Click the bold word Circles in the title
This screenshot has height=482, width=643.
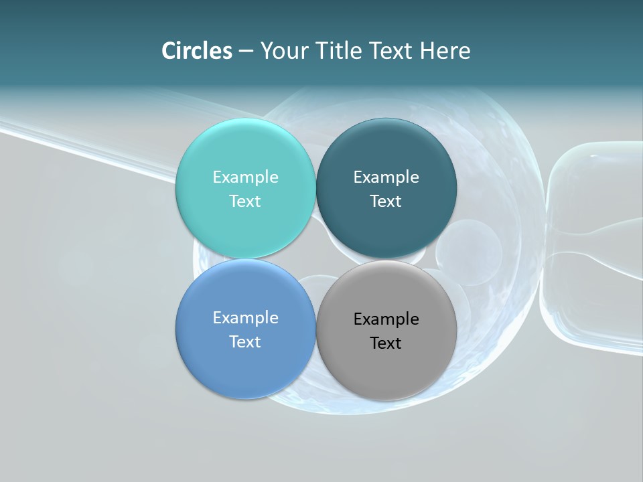click(x=196, y=51)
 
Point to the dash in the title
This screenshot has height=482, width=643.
click(x=246, y=52)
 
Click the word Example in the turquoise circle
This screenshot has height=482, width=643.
click(x=245, y=177)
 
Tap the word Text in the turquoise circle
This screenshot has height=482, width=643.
click(x=245, y=201)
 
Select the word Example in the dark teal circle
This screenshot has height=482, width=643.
click(x=386, y=177)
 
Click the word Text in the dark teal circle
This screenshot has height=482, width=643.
click(x=386, y=201)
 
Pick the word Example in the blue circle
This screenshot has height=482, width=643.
click(x=245, y=317)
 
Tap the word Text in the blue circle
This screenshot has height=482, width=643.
click(x=245, y=341)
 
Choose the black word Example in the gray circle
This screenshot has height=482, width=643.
click(x=386, y=319)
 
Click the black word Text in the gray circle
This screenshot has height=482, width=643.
click(x=386, y=343)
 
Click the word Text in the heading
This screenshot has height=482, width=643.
click(x=390, y=51)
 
